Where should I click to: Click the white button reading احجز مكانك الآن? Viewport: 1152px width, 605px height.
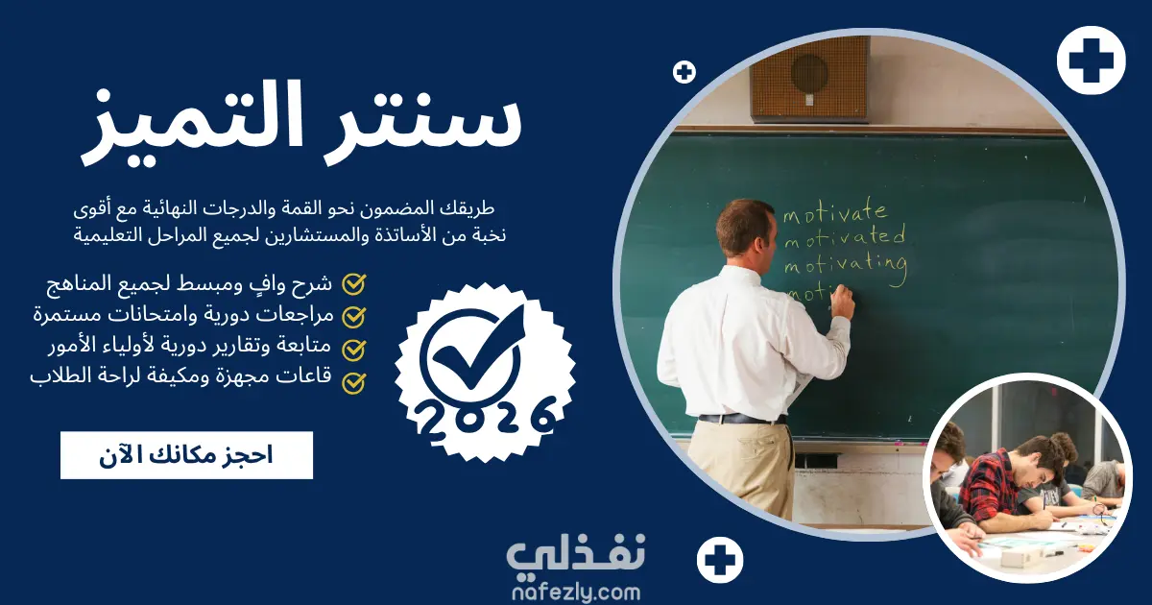(x=186, y=455)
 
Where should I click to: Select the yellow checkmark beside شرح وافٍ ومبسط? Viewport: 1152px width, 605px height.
(x=354, y=284)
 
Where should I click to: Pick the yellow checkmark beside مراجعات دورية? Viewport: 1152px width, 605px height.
(x=354, y=317)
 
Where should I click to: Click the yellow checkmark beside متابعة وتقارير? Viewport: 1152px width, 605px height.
(x=354, y=350)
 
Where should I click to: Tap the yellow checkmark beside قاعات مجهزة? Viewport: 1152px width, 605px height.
(x=354, y=383)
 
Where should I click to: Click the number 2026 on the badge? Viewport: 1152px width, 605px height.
(x=486, y=419)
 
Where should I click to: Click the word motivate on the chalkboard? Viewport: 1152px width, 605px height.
(x=835, y=211)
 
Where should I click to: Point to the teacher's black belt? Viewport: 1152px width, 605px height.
(x=743, y=419)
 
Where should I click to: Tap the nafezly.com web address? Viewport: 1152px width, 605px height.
(x=576, y=593)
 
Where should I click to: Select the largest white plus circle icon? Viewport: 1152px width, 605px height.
(x=1092, y=60)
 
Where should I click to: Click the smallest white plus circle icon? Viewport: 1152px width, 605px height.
(x=684, y=73)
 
